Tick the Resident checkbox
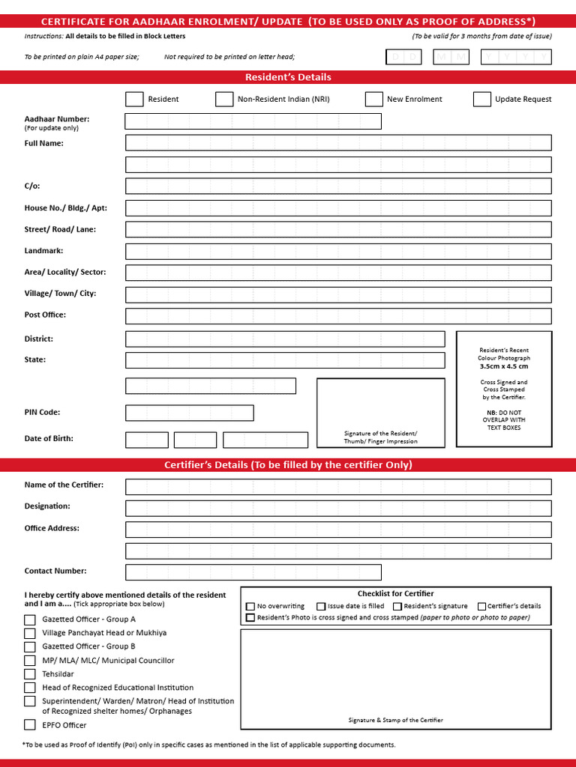click(x=134, y=99)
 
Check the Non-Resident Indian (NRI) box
click(x=224, y=99)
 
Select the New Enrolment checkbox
click(x=373, y=99)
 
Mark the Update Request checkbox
click(x=482, y=99)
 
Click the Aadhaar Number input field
click(x=253, y=121)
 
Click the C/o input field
click(x=337, y=187)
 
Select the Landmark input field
click(x=337, y=252)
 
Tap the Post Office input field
click(x=337, y=316)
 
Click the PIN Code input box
click(x=189, y=413)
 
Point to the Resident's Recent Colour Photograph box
click(x=503, y=389)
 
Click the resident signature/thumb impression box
click(x=380, y=413)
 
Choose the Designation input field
click(x=337, y=508)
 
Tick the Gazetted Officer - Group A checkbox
click(x=30, y=619)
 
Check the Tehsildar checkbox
click(x=30, y=674)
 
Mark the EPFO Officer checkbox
click(x=30, y=724)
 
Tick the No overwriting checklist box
click(x=250, y=607)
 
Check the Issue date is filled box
click(x=321, y=607)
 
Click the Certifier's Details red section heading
click(x=288, y=465)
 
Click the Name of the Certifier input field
click(x=337, y=487)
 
